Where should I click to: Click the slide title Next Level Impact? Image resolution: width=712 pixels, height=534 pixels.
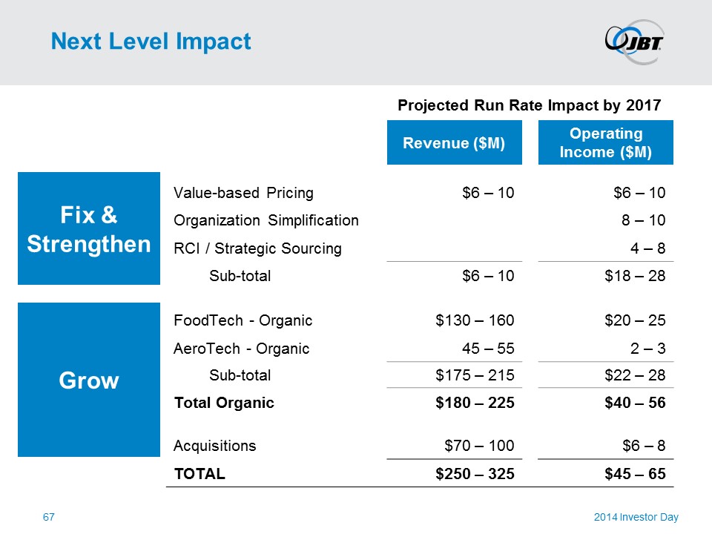(x=151, y=42)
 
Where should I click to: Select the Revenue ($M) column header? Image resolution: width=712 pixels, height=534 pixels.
(x=454, y=143)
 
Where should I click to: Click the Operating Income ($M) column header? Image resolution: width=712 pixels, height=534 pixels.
(x=605, y=143)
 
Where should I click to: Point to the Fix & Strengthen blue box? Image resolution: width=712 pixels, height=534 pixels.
(x=89, y=228)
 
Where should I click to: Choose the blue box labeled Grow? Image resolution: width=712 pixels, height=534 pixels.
(x=89, y=380)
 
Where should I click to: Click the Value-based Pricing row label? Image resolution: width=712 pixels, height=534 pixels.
(x=243, y=193)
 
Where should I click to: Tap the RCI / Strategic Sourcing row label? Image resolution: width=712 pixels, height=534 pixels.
(x=257, y=248)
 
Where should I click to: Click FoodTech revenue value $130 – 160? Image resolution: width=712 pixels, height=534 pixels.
(x=475, y=320)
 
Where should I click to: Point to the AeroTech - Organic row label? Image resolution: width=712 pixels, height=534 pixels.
(x=241, y=348)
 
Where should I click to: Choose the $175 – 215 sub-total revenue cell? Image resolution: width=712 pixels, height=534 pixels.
(x=475, y=375)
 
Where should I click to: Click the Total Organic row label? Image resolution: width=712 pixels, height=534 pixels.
(x=223, y=403)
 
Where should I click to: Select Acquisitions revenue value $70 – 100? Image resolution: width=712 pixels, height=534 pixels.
(x=479, y=446)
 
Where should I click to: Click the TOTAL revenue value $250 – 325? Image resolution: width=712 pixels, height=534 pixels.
(x=475, y=473)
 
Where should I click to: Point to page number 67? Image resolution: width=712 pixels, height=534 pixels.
(x=48, y=517)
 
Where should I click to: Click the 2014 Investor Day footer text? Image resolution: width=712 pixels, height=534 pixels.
(x=636, y=517)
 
